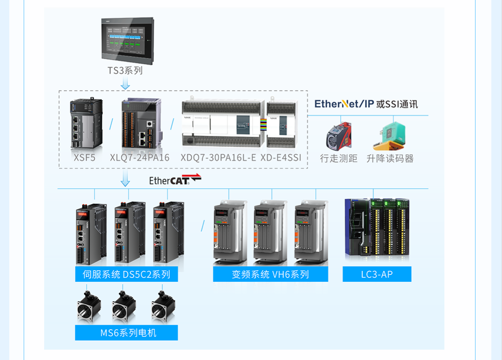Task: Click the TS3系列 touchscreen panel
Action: pyautogui.click(x=127, y=40)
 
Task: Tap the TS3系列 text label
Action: pyautogui.click(x=125, y=71)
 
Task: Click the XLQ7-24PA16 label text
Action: pyautogui.click(x=139, y=158)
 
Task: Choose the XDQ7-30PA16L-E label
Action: pyautogui.click(x=218, y=158)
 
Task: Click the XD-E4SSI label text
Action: pyautogui.click(x=281, y=158)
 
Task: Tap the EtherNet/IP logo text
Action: pyautogui.click(x=344, y=104)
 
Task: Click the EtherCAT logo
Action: pyautogui.click(x=175, y=180)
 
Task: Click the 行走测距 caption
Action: pyautogui.click(x=338, y=159)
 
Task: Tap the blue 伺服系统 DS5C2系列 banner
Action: pyautogui.click(x=126, y=274)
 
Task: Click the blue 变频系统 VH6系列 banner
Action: pyautogui.click(x=270, y=274)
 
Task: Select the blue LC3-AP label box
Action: pyautogui.click(x=377, y=274)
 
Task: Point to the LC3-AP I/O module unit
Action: pyautogui.click(x=377, y=228)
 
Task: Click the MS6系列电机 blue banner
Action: pyautogui.click(x=126, y=333)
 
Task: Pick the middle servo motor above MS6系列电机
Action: pyautogui.click(x=124, y=307)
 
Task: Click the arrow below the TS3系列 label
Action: pyautogui.click(x=125, y=84)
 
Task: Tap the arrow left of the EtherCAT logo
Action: pyautogui.click(x=125, y=178)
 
